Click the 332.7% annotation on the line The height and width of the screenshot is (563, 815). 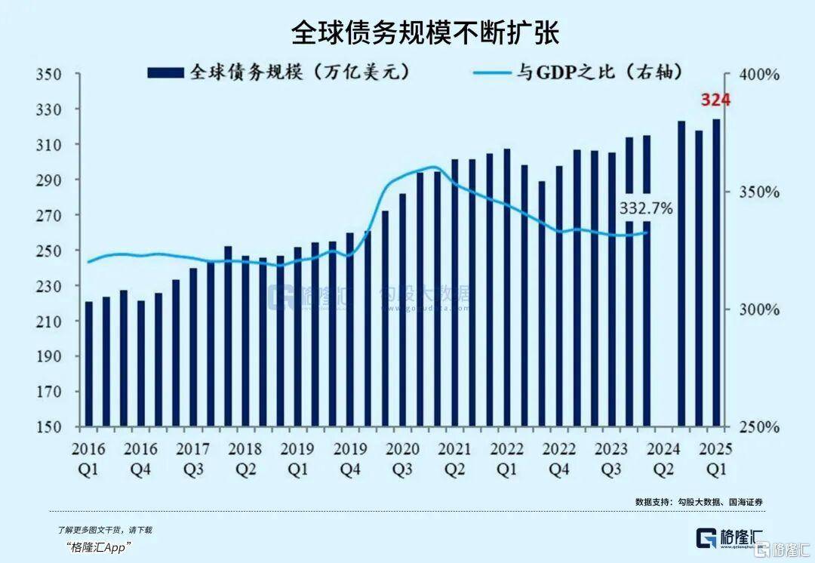pos(646,208)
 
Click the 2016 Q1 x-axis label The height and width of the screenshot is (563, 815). pos(89,457)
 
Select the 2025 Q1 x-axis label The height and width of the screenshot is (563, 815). pos(715,457)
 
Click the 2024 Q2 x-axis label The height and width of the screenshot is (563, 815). pos(663,457)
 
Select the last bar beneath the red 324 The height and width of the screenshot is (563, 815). pos(716,272)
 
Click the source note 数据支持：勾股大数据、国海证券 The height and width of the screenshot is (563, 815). pos(694,502)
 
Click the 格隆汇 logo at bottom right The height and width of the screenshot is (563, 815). pos(729,539)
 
